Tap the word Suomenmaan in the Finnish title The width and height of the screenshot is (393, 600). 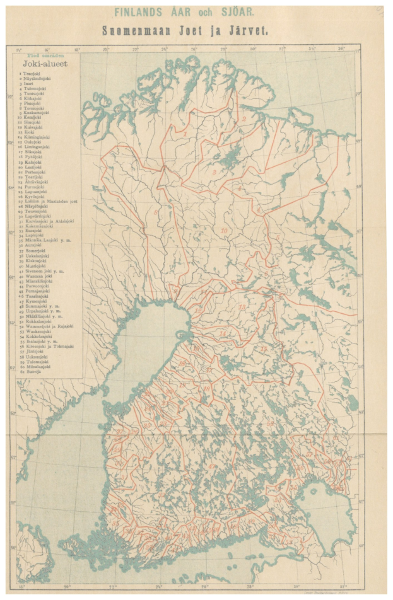pos(138,29)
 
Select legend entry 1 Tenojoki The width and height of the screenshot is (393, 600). pos(32,74)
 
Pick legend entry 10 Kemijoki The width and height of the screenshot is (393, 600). pos(32,119)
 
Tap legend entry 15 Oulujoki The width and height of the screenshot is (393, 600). pos(33,142)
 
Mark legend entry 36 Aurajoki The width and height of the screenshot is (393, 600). pos(33,245)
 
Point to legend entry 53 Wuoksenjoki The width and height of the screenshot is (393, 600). pos(36,332)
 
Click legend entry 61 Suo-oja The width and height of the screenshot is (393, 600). pos(32,372)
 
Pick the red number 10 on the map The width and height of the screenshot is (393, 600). pos(224,231)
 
